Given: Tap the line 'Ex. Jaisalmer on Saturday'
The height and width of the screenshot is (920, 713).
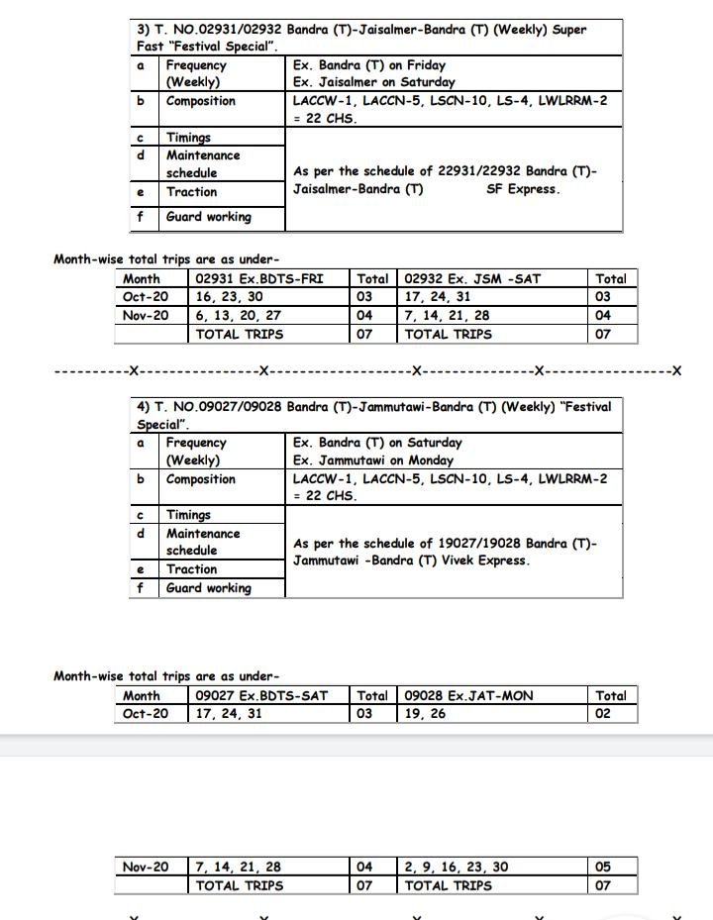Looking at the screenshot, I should [x=373, y=82].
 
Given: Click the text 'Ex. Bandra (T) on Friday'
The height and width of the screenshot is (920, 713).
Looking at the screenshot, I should [x=368, y=65].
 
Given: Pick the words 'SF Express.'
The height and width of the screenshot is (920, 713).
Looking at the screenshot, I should [x=523, y=189].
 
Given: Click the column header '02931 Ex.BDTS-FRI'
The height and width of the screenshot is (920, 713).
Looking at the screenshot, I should [x=259, y=279].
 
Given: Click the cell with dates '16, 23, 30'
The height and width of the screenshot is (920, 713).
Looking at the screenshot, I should [x=230, y=297].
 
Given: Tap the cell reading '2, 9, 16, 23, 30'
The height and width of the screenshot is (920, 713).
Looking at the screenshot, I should [x=457, y=867].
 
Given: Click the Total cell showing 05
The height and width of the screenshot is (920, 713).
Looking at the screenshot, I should [x=603, y=867].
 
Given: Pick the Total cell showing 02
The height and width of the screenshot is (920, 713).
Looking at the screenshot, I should [x=603, y=713].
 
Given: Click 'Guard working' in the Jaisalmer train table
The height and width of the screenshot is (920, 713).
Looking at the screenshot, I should [x=208, y=217].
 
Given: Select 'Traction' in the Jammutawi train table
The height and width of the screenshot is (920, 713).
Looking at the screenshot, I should [x=191, y=569].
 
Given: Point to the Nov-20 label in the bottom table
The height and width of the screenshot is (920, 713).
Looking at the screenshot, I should [x=146, y=867].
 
